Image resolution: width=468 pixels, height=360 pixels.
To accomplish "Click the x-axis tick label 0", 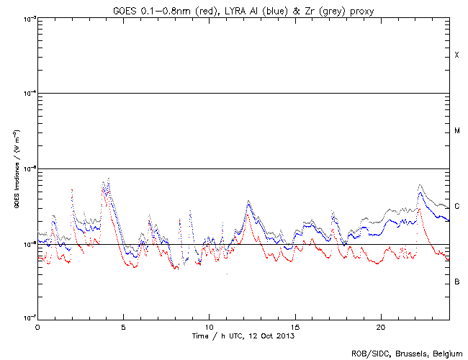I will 37,326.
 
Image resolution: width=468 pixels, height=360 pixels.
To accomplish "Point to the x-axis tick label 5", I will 123,326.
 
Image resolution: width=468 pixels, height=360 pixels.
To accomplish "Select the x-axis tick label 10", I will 209,326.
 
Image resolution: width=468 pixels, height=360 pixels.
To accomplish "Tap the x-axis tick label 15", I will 294,326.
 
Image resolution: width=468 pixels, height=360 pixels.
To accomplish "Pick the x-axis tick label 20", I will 380,326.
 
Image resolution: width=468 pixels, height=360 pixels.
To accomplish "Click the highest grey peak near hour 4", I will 108,178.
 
